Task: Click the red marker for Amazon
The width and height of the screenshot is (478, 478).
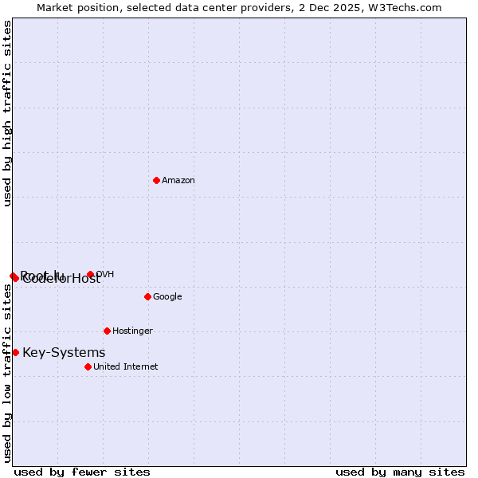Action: click(x=156, y=180)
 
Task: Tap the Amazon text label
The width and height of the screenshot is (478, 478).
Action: click(x=178, y=181)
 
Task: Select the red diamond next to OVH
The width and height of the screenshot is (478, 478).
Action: click(x=90, y=275)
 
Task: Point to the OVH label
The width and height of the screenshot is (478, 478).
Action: click(x=105, y=275)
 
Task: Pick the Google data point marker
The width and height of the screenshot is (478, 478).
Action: click(x=147, y=296)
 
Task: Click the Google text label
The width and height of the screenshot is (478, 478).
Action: click(x=167, y=297)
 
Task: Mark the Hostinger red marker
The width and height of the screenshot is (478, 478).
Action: click(x=107, y=331)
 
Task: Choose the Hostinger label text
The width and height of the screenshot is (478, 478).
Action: click(x=132, y=331)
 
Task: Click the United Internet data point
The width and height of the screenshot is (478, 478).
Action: click(x=88, y=366)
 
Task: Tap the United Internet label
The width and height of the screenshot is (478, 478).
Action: click(x=125, y=367)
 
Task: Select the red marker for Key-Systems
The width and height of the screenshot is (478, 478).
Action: click(x=15, y=352)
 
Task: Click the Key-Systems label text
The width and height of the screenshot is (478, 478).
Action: click(x=64, y=353)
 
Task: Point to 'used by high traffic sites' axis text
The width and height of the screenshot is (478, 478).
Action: click(x=8, y=113)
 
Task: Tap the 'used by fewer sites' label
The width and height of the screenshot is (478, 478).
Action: click(x=82, y=472)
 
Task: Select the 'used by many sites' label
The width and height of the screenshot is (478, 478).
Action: click(x=400, y=472)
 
